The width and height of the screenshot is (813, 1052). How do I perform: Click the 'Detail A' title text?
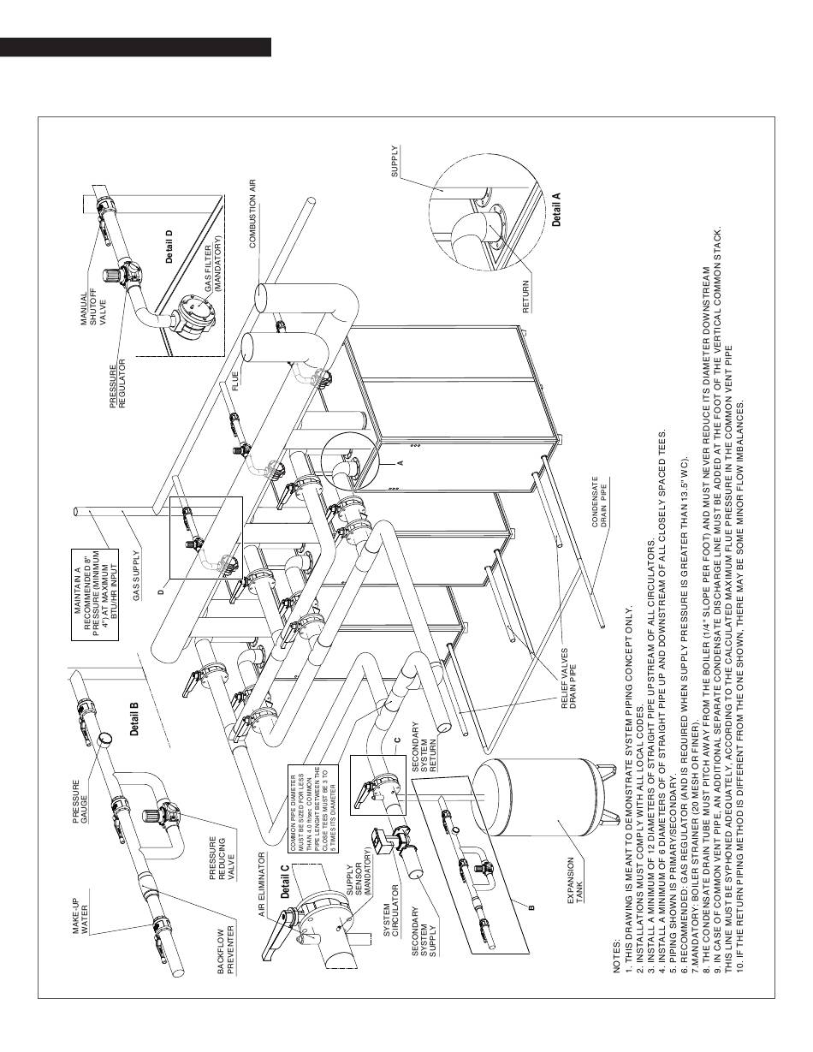click(x=557, y=209)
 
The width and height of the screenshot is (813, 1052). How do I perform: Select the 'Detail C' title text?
click(x=284, y=882)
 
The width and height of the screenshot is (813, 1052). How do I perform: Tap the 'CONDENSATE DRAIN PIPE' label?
click(x=599, y=520)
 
